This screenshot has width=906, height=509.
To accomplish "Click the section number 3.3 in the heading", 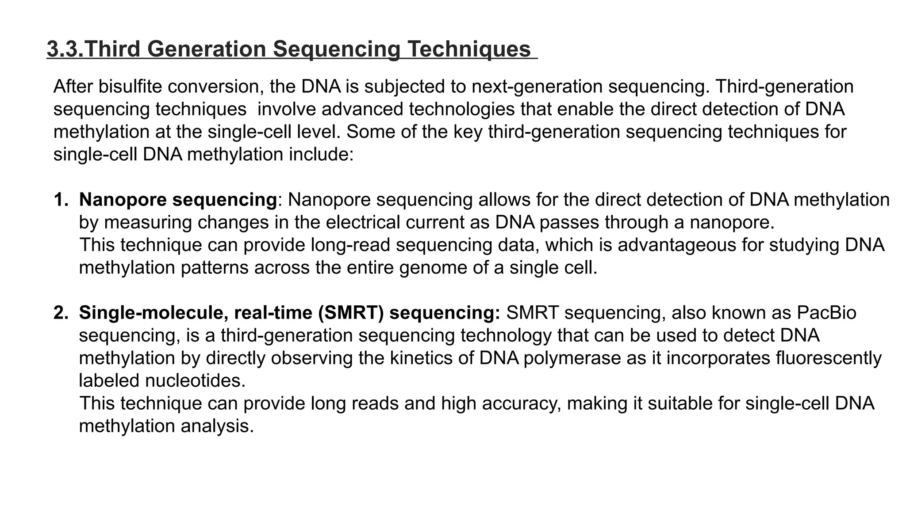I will click(64, 49).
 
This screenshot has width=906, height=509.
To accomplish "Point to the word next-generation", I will click(537, 87).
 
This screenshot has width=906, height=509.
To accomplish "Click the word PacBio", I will click(826, 313).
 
